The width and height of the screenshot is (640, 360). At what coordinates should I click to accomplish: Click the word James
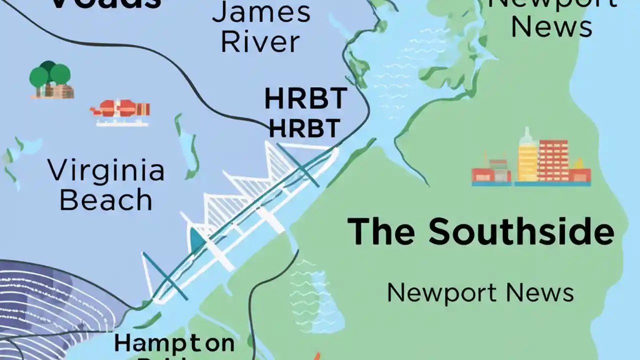pos(261,12)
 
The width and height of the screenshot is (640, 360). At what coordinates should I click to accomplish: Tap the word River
pos(260,42)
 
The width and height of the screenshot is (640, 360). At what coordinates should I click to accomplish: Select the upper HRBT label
pos(305,98)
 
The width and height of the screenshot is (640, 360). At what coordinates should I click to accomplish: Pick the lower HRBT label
pos(304,128)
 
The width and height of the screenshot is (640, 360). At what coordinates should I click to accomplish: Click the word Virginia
pos(106,171)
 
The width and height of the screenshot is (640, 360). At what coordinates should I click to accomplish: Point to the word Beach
pos(106,200)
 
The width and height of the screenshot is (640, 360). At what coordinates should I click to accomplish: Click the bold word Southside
pos(520,231)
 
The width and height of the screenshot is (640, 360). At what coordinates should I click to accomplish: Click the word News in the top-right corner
pos(551,27)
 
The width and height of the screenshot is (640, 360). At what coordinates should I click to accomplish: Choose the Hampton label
pos(174,343)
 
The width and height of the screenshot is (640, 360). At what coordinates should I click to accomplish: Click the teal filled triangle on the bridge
pos(197,240)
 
